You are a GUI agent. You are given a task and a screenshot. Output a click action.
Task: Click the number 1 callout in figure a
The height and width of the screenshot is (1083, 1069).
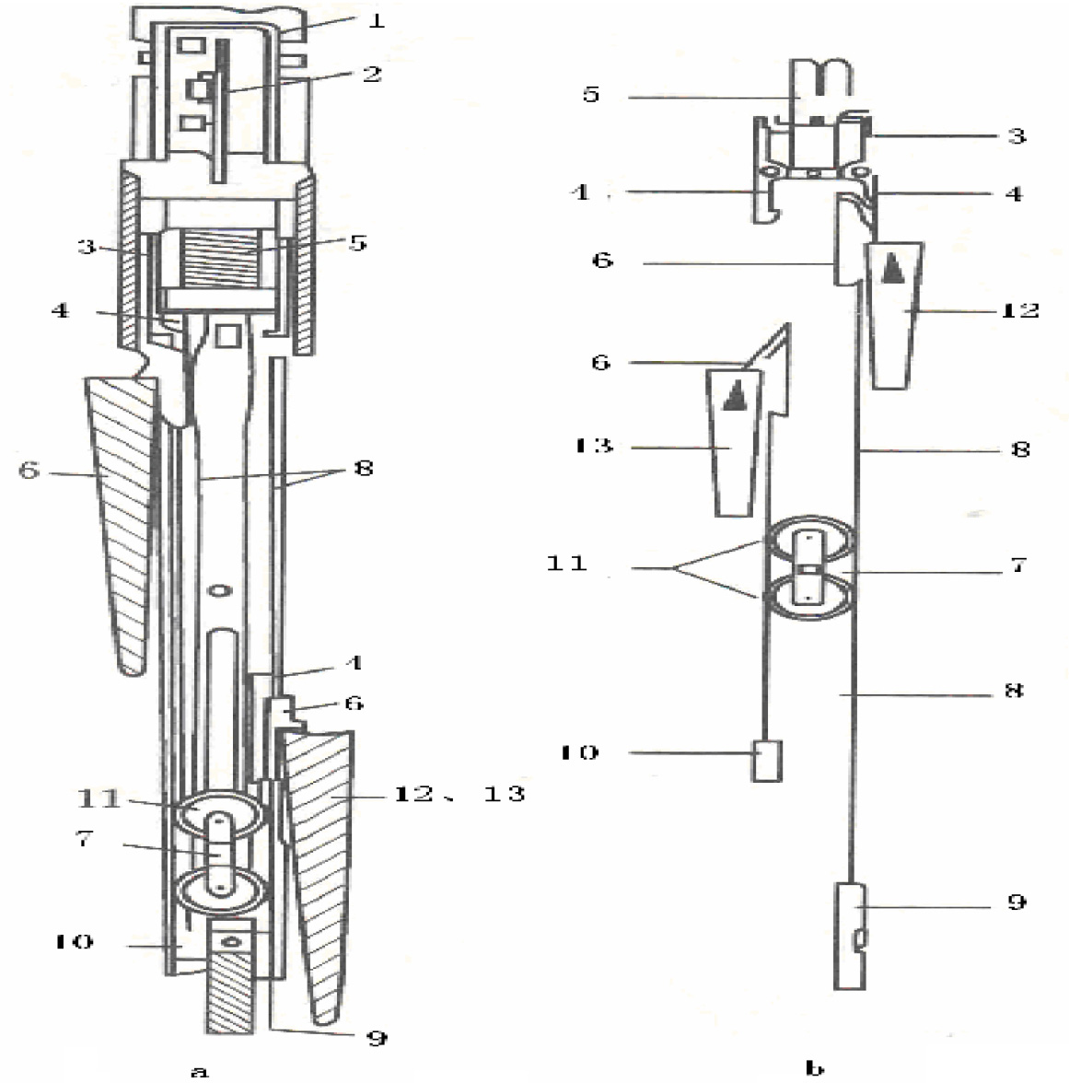(x=376, y=20)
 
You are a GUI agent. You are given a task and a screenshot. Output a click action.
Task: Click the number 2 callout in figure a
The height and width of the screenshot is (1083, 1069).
(x=371, y=74)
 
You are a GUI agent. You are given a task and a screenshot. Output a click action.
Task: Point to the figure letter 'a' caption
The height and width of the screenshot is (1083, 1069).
(x=200, y=1069)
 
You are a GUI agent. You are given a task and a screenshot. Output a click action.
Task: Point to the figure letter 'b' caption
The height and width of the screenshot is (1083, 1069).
(x=813, y=1069)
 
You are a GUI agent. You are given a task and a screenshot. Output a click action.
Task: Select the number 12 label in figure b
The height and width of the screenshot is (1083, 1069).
(x=1019, y=310)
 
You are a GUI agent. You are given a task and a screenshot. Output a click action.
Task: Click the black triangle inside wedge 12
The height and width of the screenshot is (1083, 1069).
(x=891, y=270)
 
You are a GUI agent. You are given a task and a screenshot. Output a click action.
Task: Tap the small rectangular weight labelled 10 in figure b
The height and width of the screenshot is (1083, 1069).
(x=766, y=761)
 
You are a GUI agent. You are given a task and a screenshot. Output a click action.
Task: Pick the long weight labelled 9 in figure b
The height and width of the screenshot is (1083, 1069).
(x=850, y=936)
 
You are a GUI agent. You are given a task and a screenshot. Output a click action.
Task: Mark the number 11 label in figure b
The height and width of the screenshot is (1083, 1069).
(x=568, y=562)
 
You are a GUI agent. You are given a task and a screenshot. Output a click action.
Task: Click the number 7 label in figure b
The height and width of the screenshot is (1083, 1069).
(x=1018, y=565)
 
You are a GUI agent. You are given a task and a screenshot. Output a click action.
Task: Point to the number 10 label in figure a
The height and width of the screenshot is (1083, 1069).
(x=74, y=942)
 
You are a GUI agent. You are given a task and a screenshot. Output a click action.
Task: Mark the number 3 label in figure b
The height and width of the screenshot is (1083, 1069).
(x=1017, y=135)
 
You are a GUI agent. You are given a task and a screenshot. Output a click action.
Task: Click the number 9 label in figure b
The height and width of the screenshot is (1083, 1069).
(x=1017, y=902)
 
